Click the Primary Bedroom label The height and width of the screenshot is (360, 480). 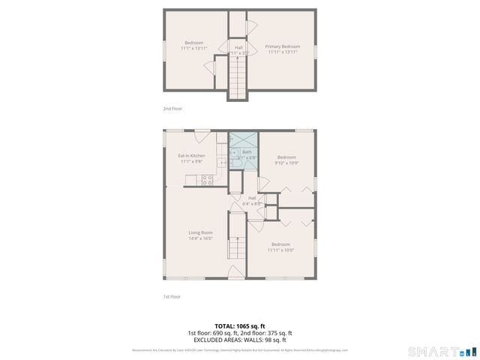tap(282, 46)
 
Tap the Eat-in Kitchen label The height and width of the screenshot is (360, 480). tap(191, 155)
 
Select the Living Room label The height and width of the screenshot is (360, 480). tap(200, 232)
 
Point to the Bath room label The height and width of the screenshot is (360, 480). tap(247, 151)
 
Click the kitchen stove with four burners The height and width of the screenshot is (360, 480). tap(207, 180)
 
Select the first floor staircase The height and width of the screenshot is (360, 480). tap(238, 247)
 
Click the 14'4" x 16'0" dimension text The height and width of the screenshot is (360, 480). tap(200, 238)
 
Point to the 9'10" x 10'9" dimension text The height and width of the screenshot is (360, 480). tap(286, 163)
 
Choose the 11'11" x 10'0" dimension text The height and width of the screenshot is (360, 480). tap(281, 250)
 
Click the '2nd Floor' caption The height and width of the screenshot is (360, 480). tap(172, 109)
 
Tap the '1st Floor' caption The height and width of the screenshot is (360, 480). tap(172, 296)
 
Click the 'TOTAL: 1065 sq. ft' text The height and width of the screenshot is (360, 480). tap(239, 326)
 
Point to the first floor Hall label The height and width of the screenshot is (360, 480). tap(252, 198)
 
